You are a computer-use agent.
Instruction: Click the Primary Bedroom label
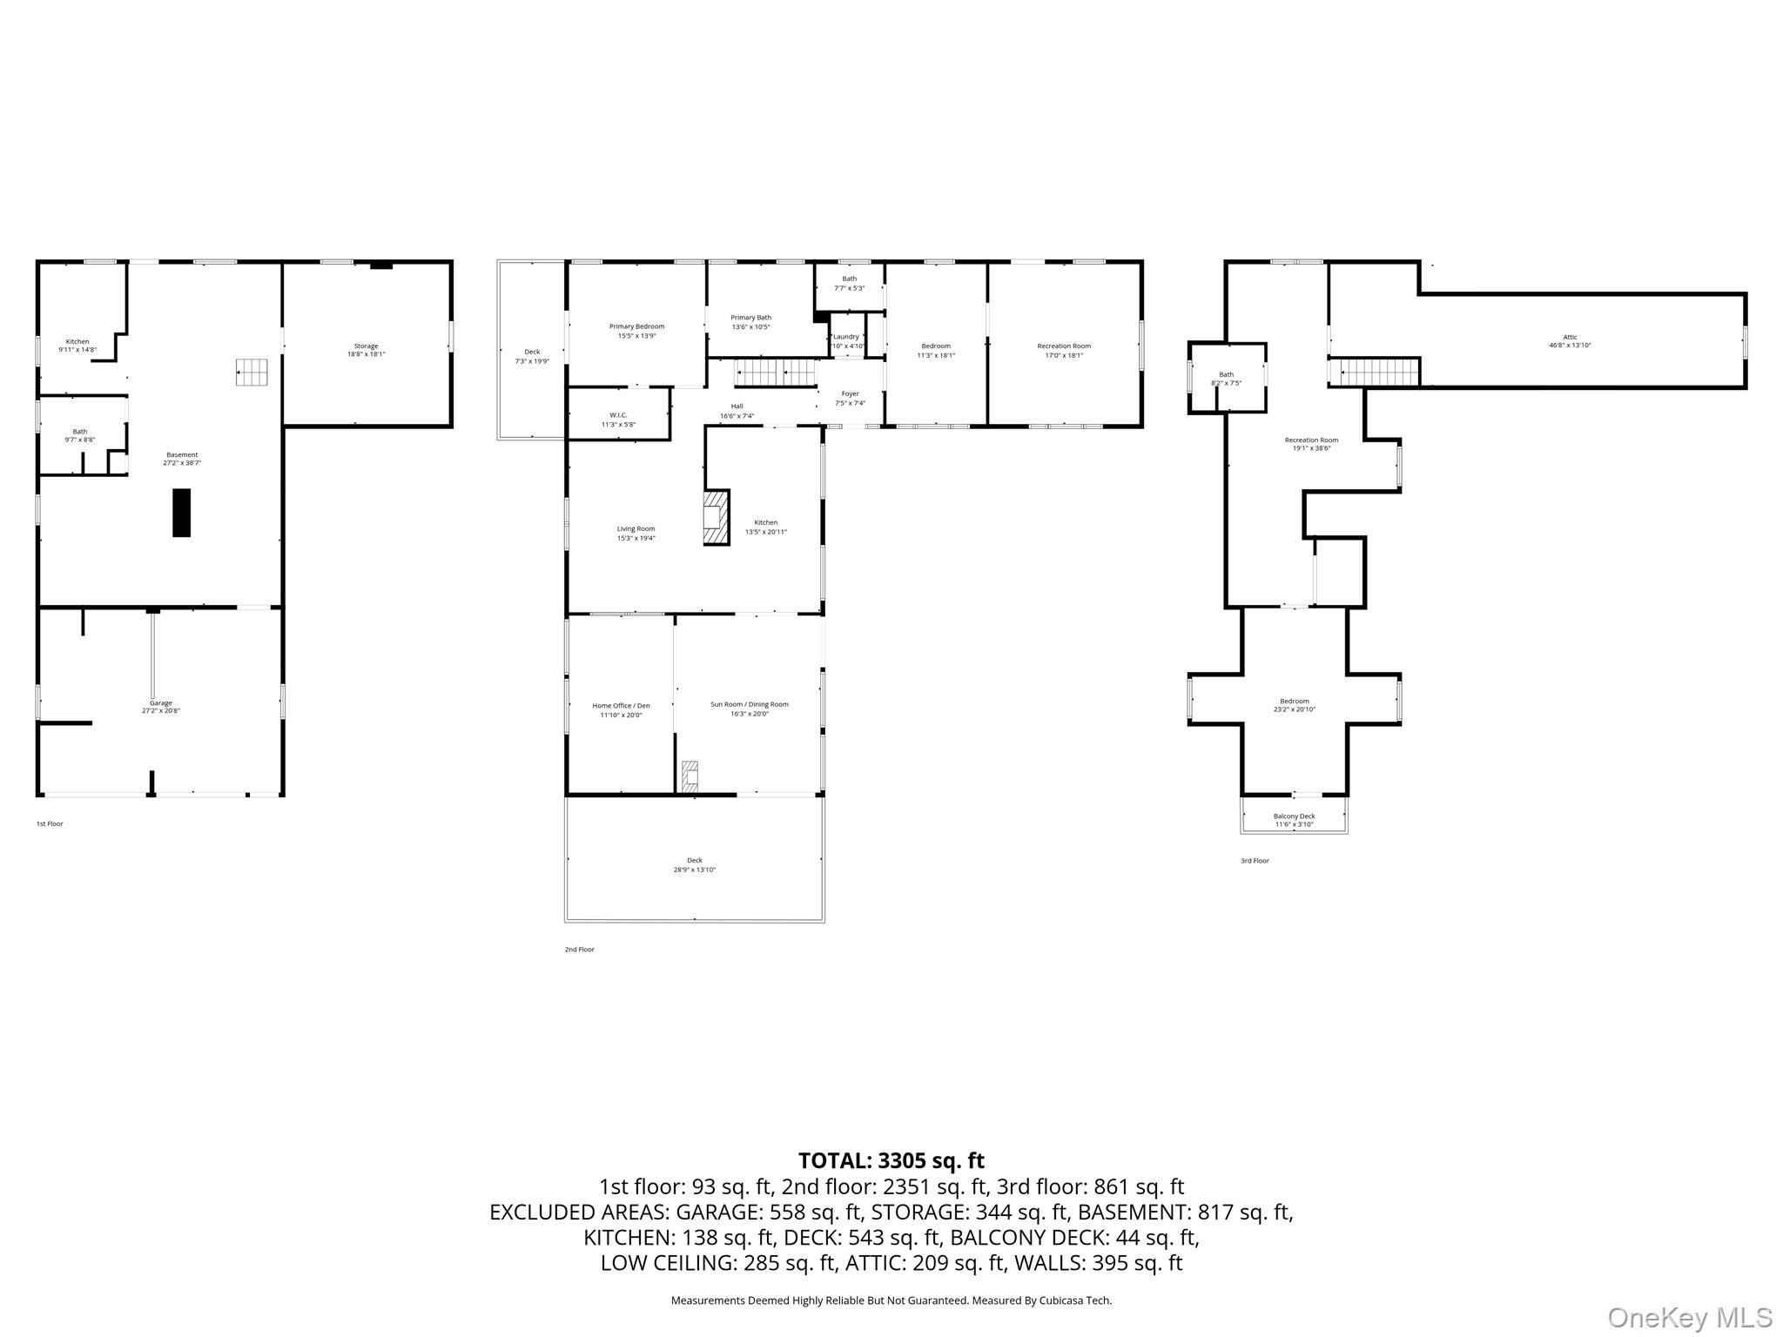pyautogui.click(x=636, y=331)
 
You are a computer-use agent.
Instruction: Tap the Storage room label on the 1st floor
pyautogui.click(x=366, y=350)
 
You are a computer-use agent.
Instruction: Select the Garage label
pyautogui.click(x=161, y=707)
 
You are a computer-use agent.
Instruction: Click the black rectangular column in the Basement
pyautogui.click(x=181, y=513)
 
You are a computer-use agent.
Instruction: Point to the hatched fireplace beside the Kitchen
pyautogui.click(x=716, y=518)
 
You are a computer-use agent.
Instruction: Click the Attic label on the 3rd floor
pyautogui.click(x=1570, y=341)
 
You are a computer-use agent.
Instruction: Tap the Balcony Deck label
pyautogui.click(x=1294, y=820)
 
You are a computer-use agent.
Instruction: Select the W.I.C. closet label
pyautogui.click(x=618, y=420)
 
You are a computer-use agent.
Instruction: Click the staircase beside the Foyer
pyautogui.click(x=775, y=373)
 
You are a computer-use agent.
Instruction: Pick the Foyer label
pyautogui.click(x=850, y=398)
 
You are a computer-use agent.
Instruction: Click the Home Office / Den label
pyautogui.click(x=621, y=710)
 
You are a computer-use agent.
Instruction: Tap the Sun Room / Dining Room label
pyautogui.click(x=749, y=709)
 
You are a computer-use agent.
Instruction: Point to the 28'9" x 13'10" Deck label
pyautogui.click(x=694, y=864)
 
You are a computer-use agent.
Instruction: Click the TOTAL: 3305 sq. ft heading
pyautogui.click(x=891, y=1160)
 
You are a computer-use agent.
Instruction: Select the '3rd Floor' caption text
pyautogui.click(x=1255, y=861)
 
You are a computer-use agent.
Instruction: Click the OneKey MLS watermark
pyautogui.click(x=1689, y=1317)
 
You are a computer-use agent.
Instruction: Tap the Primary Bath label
pyautogui.click(x=750, y=322)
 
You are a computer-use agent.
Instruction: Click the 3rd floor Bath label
pyautogui.click(x=1226, y=379)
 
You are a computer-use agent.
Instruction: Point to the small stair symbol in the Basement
pyautogui.click(x=252, y=372)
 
